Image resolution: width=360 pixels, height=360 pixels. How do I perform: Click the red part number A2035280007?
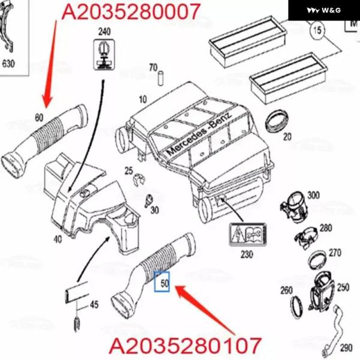[131, 11]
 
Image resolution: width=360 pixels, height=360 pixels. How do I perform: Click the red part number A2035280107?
[185, 346]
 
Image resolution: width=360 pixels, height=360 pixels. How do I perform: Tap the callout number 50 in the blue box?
[164, 283]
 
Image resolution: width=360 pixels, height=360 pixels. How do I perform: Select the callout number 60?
[39, 118]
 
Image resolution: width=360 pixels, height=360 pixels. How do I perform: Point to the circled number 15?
[317, 30]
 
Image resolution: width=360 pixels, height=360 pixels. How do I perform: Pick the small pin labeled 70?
[160, 78]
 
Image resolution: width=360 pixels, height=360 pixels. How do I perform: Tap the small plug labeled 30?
[149, 200]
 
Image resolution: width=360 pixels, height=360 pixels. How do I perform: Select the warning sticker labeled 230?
[248, 234]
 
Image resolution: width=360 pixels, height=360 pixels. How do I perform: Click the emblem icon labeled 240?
[104, 55]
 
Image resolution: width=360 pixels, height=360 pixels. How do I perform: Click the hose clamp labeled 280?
[306, 238]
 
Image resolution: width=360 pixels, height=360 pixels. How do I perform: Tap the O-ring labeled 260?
[296, 307]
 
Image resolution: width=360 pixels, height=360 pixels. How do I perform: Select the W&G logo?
[324, 10]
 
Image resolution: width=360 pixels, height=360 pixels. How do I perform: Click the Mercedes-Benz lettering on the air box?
[199, 134]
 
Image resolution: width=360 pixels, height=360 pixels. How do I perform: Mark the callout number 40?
[58, 239]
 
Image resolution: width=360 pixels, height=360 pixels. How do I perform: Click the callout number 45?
[94, 305]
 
